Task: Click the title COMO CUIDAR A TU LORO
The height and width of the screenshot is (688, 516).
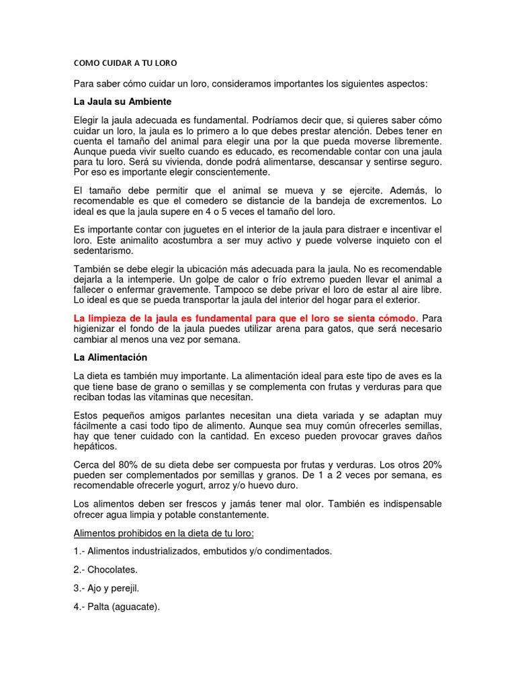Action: point(125,63)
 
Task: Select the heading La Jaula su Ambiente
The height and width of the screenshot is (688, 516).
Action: point(122,101)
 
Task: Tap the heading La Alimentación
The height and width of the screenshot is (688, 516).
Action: point(110,357)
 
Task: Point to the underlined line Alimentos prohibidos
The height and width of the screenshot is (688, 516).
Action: point(164,533)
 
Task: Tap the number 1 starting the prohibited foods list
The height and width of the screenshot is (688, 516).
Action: point(77,551)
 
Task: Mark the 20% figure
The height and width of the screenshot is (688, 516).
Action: point(429,465)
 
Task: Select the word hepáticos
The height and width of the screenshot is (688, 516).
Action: point(95,446)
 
